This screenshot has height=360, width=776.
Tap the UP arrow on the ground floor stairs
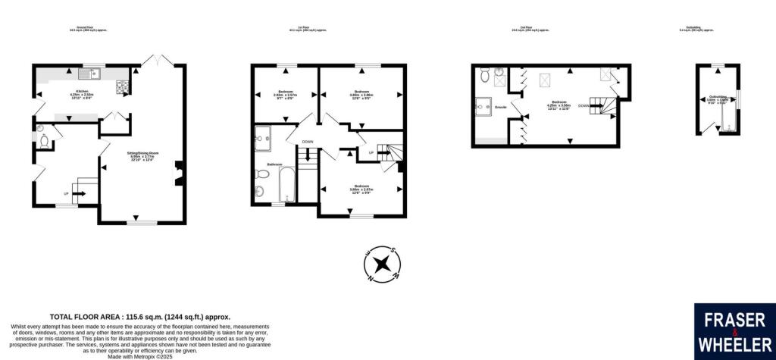point(76,194)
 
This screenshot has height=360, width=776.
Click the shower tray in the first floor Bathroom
point(266,136)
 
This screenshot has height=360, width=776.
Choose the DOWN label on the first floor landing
point(307,142)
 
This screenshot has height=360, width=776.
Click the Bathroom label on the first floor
point(274,164)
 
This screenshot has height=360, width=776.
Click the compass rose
point(383,264)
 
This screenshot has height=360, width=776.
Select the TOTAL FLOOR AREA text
point(139,316)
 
